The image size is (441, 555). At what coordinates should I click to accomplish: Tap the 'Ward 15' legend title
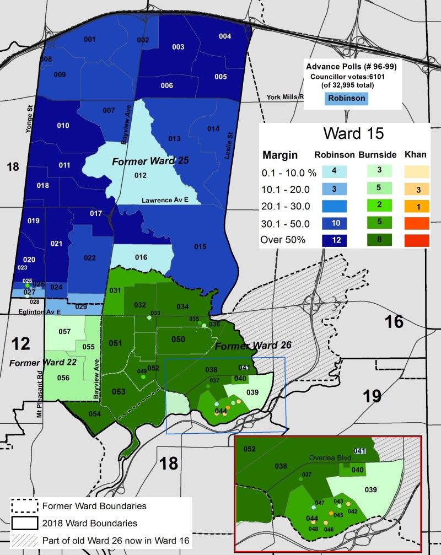tap(346, 133)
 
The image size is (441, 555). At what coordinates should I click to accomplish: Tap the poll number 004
tap(225, 36)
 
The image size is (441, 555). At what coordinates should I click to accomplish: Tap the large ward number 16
tap(394, 322)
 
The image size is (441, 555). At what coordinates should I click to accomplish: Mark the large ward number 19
tap(373, 395)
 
